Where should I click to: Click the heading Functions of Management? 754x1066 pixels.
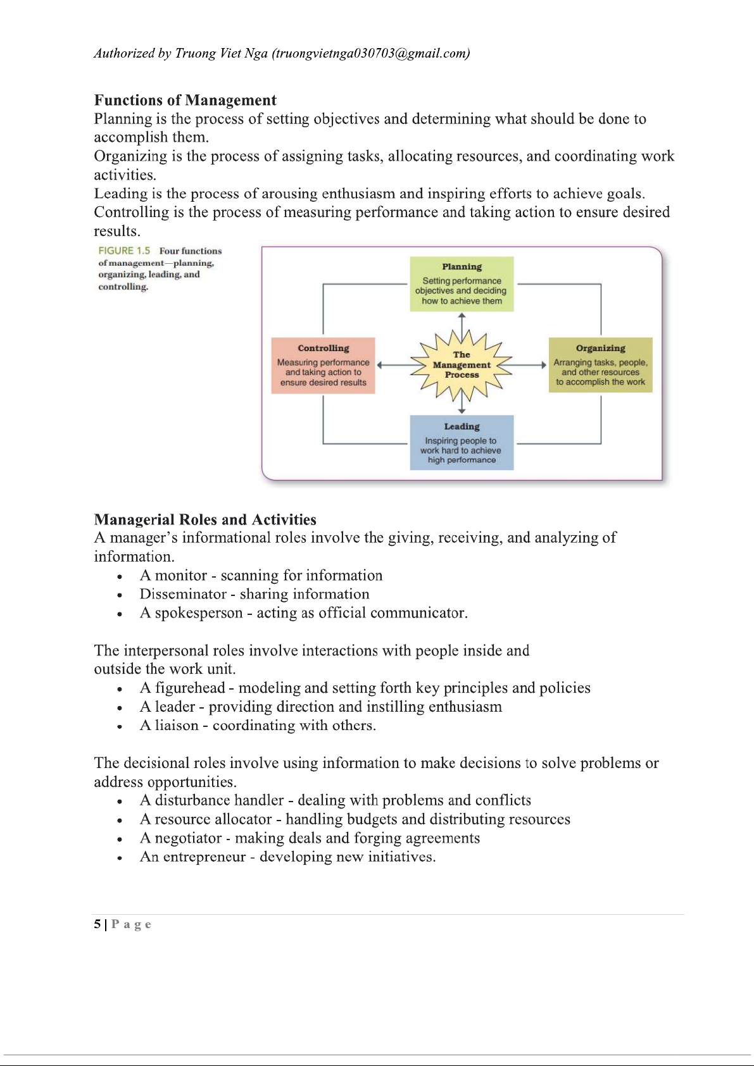pyautogui.click(x=185, y=101)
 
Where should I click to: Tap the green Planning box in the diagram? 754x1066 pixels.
pyautogui.click(x=462, y=284)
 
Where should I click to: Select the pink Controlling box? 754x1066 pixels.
pyautogui.click(x=323, y=366)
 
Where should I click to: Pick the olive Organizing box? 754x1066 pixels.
pyautogui.click(x=600, y=366)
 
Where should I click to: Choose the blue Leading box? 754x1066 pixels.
pyautogui.click(x=462, y=443)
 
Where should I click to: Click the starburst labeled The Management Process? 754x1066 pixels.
pyautogui.click(x=462, y=365)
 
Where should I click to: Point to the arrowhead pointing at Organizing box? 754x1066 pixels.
pyautogui.click(x=543, y=365)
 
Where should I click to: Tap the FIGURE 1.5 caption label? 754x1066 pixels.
pyautogui.click(x=124, y=251)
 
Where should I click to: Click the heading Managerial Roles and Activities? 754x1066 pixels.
pyautogui.click(x=205, y=520)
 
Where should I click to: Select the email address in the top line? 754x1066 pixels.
pyautogui.click(x=370, y=53)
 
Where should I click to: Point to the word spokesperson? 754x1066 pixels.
pyautogui.click(x=199, y=613)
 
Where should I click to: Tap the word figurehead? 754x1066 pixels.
pyautogui.click(x=190, y=688)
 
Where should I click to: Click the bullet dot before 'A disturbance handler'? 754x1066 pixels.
pyautogui.click(x=119, y=802)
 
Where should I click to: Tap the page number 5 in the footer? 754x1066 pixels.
pyautogui.click(x=97, y=924)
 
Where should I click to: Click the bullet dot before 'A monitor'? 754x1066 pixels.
pyautogui.click(x=119, y=576)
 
